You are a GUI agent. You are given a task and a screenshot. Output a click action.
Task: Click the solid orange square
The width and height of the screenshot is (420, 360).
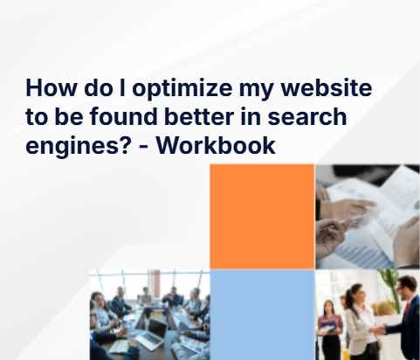pos(262,216)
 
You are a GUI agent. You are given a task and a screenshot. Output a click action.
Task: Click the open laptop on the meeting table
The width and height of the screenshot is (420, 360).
pos(156,329)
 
